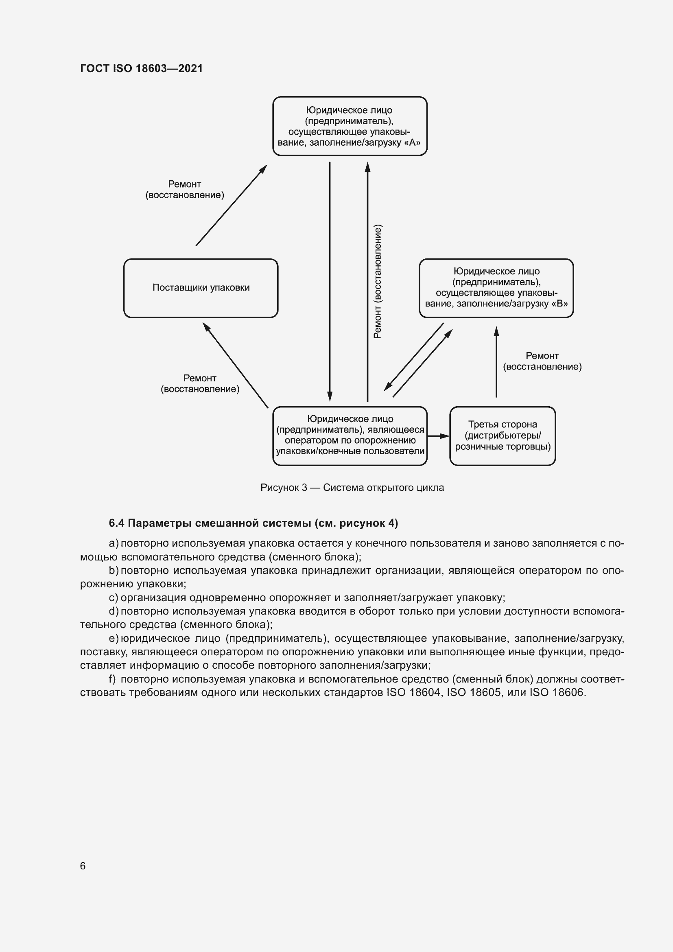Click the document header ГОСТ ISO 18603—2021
(x=141, y=68)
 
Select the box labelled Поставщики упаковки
(x=201, y=288)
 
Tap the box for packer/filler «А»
(x=350, y=126)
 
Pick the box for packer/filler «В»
(x=496, y=288)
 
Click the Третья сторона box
(x=502, y=436)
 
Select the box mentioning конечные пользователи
(x=350, y=436)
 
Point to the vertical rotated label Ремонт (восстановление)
(x=378, y=282)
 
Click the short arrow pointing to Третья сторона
(x=438, y=436)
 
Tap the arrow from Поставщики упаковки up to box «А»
(x=231, y=205)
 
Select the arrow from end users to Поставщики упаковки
(x=235, y=365)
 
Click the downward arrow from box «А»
(x=330, y=282)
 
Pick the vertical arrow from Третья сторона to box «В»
(x=496, y=361)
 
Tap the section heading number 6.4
(x=116, y=523)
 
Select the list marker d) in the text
(x=113, y=611)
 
